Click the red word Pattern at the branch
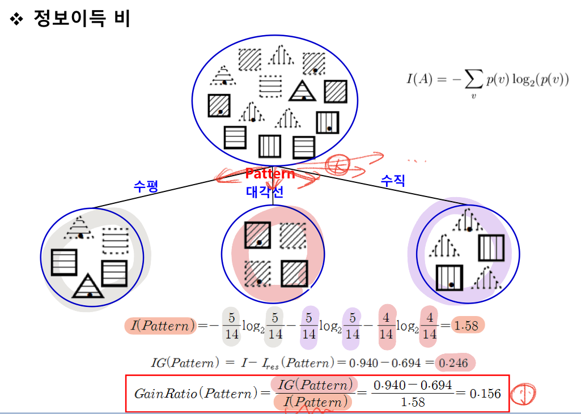270,174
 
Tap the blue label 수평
145,186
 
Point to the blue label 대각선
265,192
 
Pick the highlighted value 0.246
456,363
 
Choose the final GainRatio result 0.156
485,393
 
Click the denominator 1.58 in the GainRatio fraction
412,402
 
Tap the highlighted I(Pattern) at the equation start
160,326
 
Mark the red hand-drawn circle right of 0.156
524,393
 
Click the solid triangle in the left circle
88,286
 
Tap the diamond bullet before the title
17,20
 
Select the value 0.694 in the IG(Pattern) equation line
410,363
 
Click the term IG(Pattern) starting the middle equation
184,363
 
